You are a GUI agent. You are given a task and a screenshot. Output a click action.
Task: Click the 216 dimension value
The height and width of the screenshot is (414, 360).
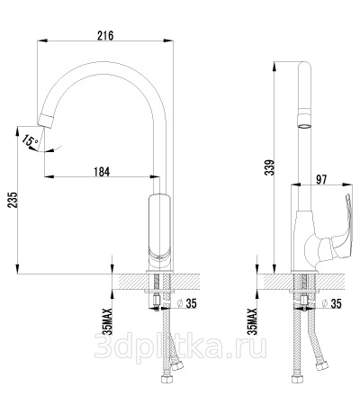105,35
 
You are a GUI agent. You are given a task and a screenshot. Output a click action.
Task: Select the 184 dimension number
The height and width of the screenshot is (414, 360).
102,172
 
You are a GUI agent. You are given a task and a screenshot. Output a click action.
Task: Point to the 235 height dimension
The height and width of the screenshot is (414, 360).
13,200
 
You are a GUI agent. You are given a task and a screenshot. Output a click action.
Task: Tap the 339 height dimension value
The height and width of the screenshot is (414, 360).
269,167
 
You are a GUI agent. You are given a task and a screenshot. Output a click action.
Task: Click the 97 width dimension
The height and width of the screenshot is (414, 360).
320,179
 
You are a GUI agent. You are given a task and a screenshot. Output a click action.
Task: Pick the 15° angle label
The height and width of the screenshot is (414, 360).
31,141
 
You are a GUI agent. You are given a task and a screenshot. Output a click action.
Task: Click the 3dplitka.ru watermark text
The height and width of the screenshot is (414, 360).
180,347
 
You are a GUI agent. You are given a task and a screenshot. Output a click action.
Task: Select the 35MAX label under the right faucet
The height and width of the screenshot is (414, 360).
253,321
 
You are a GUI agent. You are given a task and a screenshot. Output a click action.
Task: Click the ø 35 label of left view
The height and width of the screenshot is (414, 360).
187,303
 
